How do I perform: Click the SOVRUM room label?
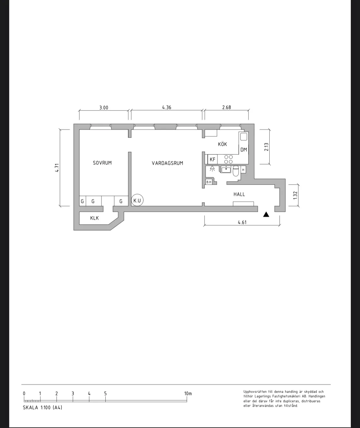coord(102,163)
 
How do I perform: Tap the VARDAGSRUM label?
coord(167,163)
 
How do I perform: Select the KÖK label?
coord(223,144)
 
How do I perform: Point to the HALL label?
coord(239,194)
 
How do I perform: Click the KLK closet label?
coord(94,218)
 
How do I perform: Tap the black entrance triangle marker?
coord(266,214)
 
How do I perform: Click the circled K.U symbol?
coord(137,200)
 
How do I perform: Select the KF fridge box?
coord(213,159)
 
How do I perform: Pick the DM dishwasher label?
coord(244,150)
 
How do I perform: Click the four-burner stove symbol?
coord(228,159)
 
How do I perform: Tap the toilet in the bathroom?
coord(236,171)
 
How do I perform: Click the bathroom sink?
coord(226,170)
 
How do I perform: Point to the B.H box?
coord(209,182)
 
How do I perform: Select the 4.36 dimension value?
coord(167,107)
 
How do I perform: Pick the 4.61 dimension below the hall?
coord(242,222)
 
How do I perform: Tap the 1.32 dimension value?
coord(295,195)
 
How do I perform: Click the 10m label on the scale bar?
coord(188,394)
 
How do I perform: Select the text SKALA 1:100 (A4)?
coord(42,408)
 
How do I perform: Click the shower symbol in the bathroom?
coord(212,169)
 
